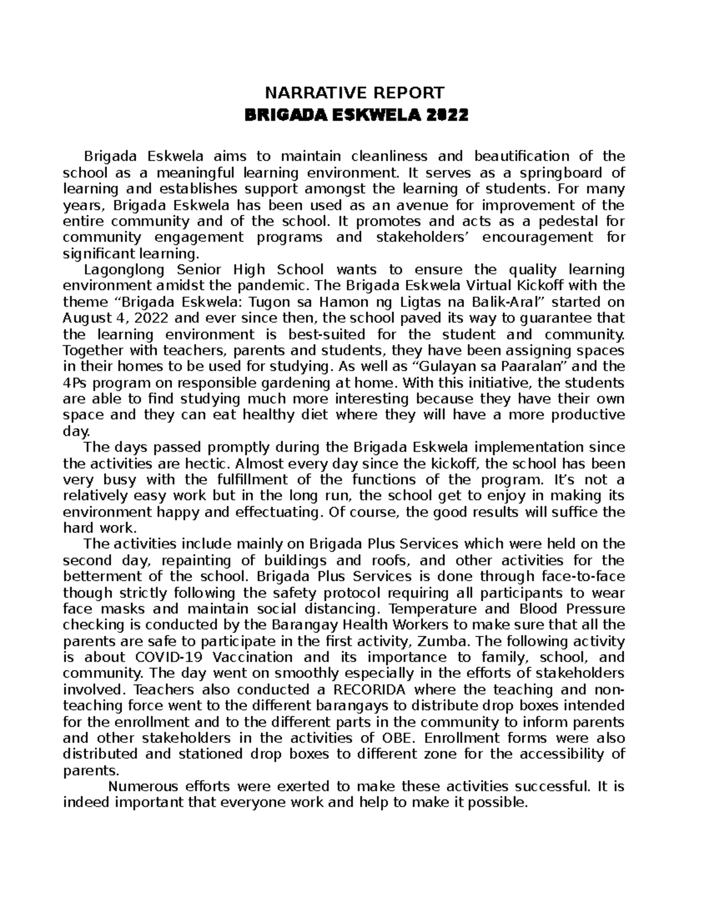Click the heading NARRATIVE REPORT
pos(354,93)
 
